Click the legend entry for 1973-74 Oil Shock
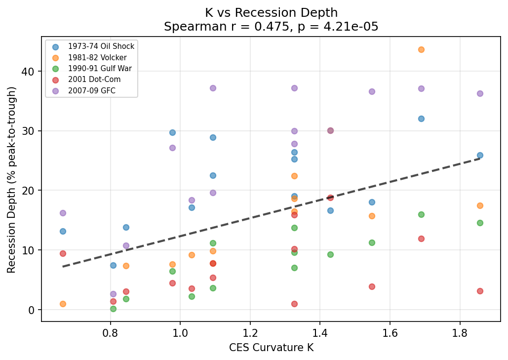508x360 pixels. pos(101,46)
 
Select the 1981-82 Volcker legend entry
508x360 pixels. pos(97,58)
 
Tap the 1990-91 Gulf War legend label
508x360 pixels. pos(100,69)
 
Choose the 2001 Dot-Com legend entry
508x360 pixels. pos(94,80)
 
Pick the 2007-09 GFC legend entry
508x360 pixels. pos(91,90)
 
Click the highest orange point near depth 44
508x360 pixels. pos(421,49)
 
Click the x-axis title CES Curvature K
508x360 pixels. pos(271,348)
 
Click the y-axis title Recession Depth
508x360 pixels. pos(12,180)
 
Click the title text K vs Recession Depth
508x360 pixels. pos(271,13)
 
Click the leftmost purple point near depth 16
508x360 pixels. pos(63,213)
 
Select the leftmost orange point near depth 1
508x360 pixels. pos(63,304)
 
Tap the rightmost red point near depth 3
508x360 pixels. pos(480,291)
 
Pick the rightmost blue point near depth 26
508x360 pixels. pos(480,155)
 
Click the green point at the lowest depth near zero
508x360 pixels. pos(113,309)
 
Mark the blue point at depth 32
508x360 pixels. pos(421,119)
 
